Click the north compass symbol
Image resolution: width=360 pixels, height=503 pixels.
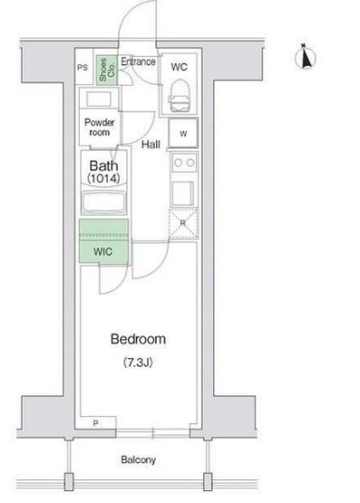(x=306, y=57)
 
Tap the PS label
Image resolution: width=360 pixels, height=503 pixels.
(x=83, y=68)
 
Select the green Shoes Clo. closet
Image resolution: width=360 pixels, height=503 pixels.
(x=107, y=71)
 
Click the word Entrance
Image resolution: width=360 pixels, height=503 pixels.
(x=139, y=62)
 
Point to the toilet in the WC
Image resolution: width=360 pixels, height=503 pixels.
(x=180, y=95)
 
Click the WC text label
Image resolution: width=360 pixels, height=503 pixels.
(x=179, y=67)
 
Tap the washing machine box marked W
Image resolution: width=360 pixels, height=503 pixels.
(x=183, y=133)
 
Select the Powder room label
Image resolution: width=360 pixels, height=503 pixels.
(x=100, y=128)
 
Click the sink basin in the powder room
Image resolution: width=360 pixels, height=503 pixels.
(x=99, y=99)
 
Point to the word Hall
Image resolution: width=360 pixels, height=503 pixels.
(x=151, y=144)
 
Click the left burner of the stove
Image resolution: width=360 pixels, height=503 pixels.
(x=178, y=162)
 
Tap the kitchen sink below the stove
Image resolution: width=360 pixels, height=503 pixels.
(x=183, y=193)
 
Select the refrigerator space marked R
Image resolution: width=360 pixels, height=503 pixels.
(x=183, y=224)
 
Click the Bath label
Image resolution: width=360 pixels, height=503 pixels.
(x=103, y=166)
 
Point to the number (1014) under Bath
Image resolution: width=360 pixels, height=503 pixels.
(x=103, y=178)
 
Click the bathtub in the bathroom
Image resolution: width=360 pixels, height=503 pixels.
(x=103, y=202)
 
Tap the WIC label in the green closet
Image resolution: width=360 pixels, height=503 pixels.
(x=103, y=252)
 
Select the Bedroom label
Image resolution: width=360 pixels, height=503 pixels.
(x=139, y=339)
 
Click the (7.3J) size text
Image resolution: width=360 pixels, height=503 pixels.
(x=138, y=363)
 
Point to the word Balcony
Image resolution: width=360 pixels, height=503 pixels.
(x=139, y=459)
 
